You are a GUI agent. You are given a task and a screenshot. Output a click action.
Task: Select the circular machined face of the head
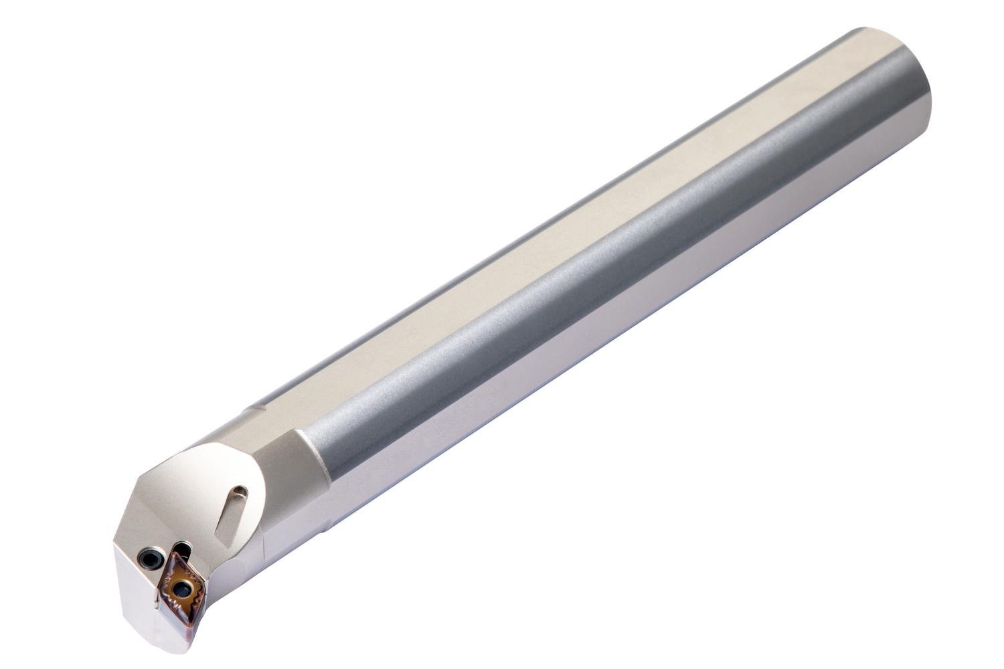click(x=207, y=488)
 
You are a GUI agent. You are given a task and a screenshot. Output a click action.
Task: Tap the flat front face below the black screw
click(x=137, y=589)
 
